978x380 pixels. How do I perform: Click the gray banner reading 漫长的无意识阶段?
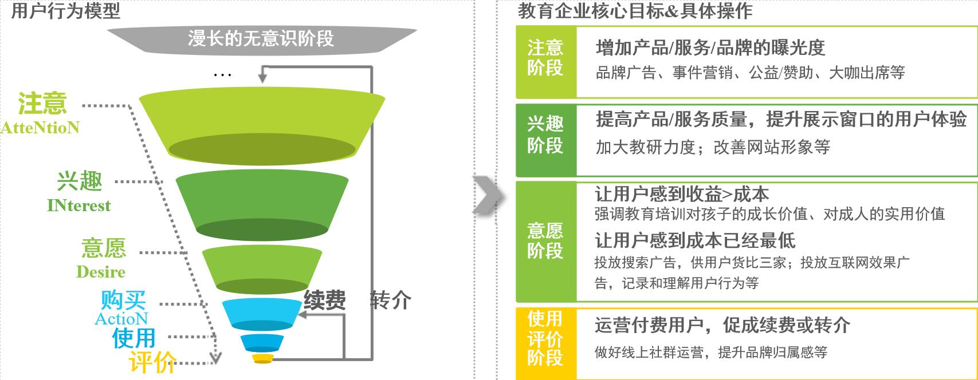point(262,39)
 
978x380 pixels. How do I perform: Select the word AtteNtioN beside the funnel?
point(40,128)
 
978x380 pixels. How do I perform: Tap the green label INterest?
point(79,205)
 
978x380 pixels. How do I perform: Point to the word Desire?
point(101,272)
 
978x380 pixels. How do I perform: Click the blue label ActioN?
point(121,319)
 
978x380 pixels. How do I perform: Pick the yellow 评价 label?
point(152,362)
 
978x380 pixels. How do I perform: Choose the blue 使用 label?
point(133,338)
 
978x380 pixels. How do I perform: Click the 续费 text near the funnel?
point(325,300)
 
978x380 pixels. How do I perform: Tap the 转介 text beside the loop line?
point(391,300)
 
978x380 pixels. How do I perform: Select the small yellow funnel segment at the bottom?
point(262,359)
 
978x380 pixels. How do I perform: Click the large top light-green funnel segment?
point(262,126)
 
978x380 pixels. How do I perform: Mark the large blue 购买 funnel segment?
point(261,314)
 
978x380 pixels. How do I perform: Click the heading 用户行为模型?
point(65,10)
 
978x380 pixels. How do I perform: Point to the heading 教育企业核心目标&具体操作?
point(635,10)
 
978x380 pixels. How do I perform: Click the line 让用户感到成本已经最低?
point(695,240)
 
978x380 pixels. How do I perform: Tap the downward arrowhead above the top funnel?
point(262,78)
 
